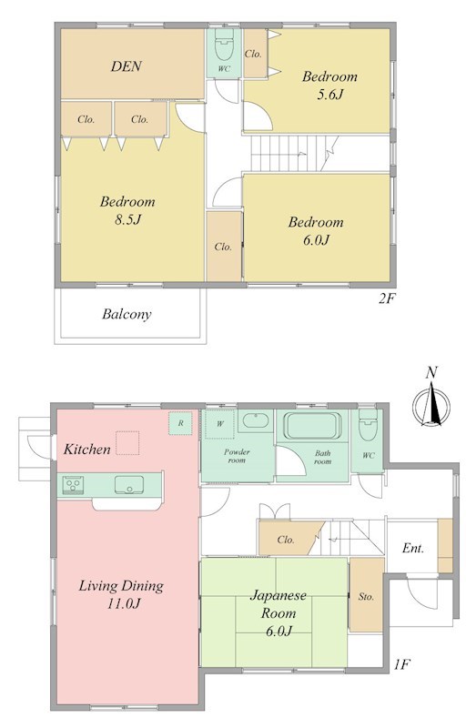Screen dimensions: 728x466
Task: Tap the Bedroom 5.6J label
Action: pos(329,85)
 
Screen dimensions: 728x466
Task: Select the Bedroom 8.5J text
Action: pos(127,210)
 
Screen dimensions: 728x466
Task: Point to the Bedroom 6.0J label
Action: pos(316,230)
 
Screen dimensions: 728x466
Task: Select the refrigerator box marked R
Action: pos(181,423)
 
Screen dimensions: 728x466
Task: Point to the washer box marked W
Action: pos(219,423)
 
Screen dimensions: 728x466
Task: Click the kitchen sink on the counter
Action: pos(130,485)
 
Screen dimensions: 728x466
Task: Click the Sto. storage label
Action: pos(366,598)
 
